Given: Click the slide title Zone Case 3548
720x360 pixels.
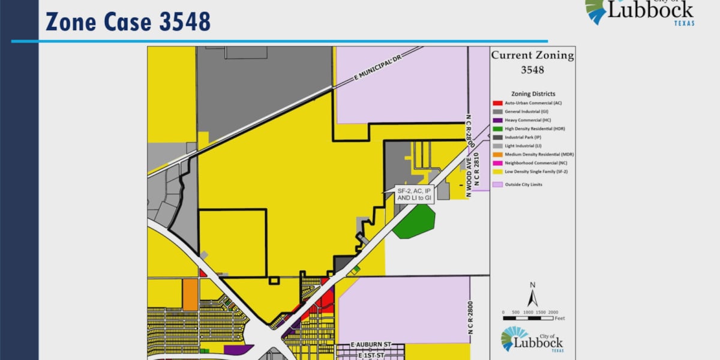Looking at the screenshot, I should (x=128, y=22).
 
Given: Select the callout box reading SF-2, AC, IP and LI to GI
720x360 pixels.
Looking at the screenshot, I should (x=414, y=194).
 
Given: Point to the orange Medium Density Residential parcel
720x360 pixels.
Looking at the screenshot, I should (x=190, y=295).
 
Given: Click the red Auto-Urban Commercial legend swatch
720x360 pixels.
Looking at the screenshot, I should (x=497, y=103).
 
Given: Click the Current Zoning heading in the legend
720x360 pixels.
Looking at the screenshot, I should (x=532, y=56).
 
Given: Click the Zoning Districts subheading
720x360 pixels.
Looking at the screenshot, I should (x=533, y=94).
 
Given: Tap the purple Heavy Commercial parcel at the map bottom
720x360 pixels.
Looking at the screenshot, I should (x=238, y=349).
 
